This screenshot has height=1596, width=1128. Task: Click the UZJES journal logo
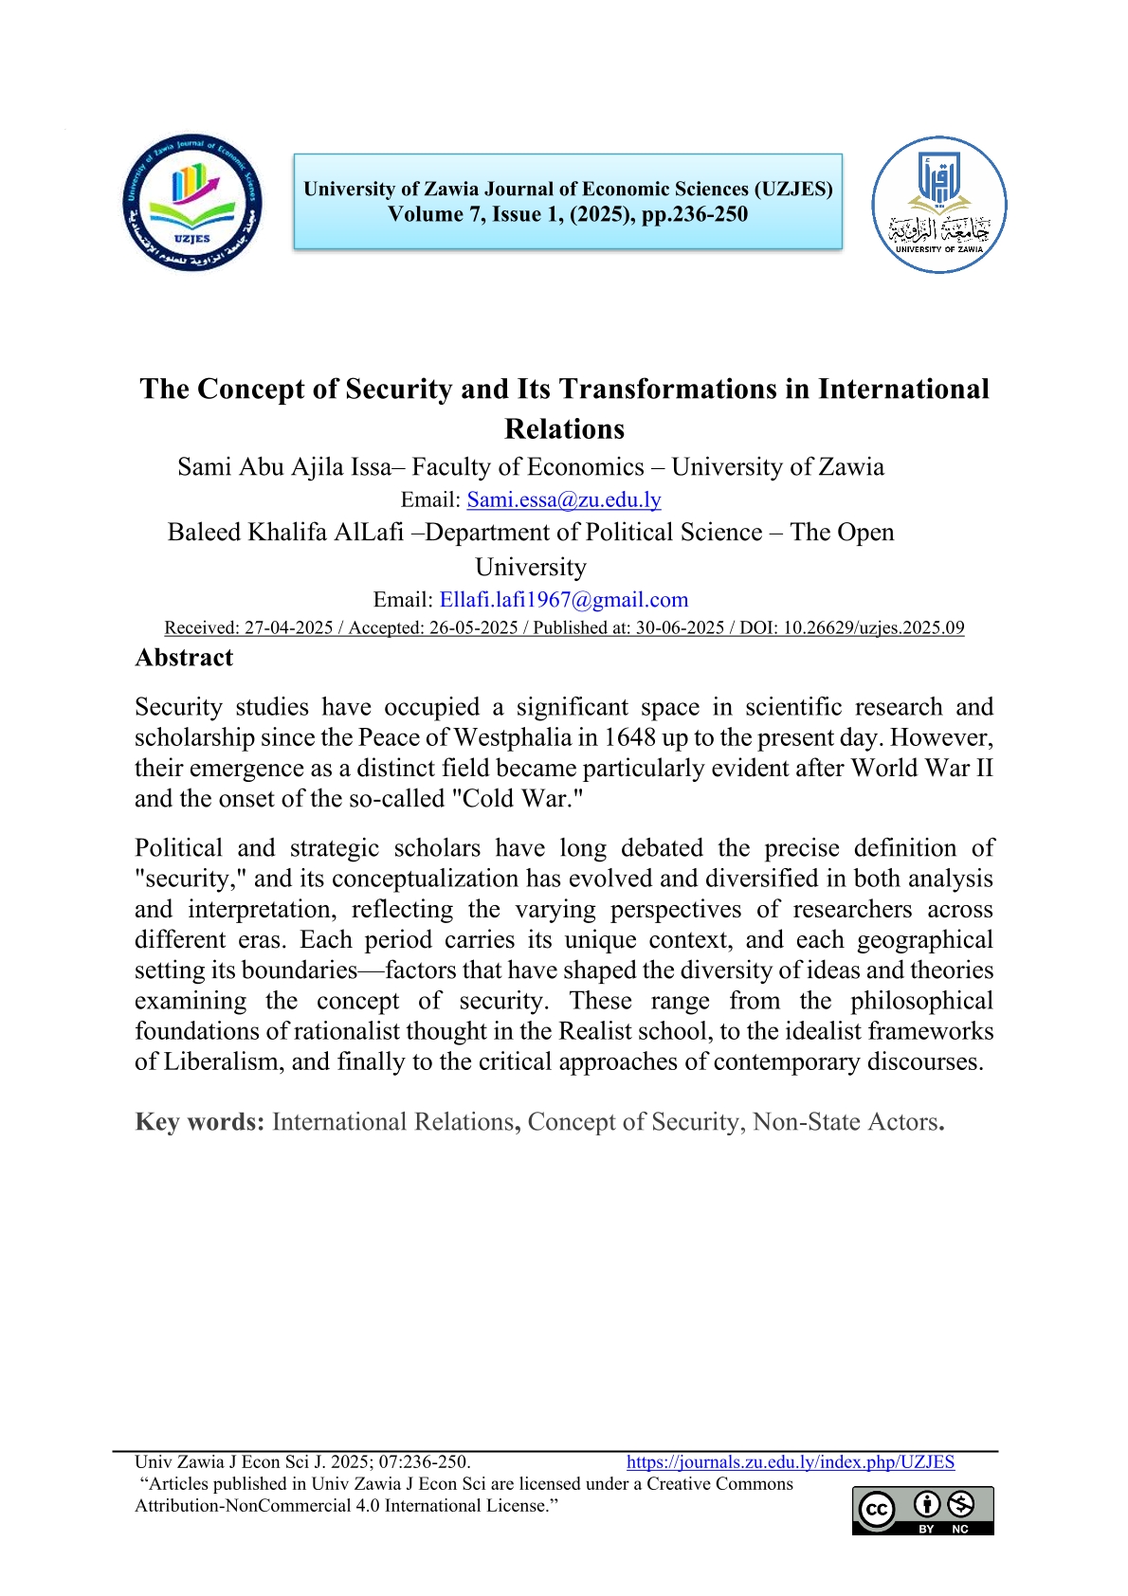click(x=192, y=202)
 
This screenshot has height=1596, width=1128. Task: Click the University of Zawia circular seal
click(x=938, y=205)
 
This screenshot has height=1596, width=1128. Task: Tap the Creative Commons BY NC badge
click(x=922, y=1510)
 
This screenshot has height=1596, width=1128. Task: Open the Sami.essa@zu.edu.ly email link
click(x=564, y=499)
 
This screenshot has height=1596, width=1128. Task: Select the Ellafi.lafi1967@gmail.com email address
click(x=564, y=600)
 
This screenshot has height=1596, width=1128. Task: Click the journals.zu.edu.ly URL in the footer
click(x=791, y=1462)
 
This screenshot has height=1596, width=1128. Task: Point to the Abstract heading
click(x=184, y=658)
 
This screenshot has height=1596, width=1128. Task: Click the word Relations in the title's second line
click(x=564, y=428)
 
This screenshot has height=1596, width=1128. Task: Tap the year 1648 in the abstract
click(x=629, y=737)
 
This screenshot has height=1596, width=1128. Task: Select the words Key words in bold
click(x=199, y=1122)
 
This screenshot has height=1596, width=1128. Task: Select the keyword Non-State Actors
click(x=846, y=1122)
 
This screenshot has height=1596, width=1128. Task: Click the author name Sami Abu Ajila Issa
click(x=283, y=467)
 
